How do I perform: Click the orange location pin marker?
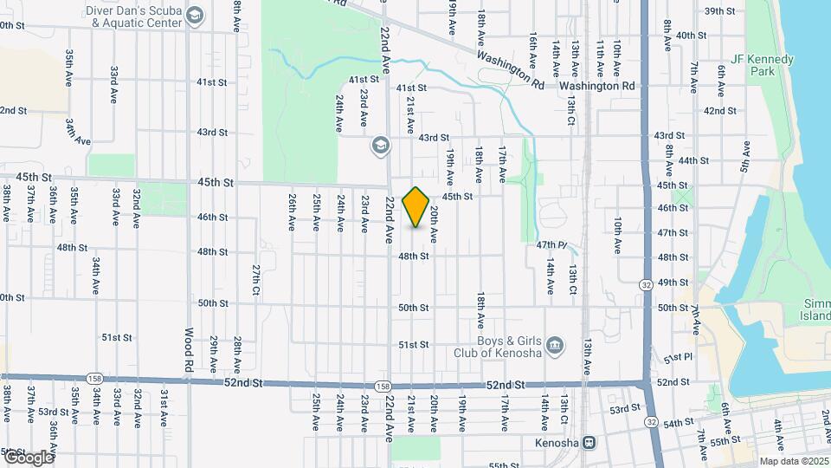(415, 207)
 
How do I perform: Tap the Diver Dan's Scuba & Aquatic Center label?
(135, 16)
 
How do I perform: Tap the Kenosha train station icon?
(589, 443)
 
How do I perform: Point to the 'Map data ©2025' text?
(793, 461)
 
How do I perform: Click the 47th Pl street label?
(550, 246)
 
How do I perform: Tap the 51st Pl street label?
(678, 358)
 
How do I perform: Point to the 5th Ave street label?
(744, 156)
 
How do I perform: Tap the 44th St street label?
(694, 160)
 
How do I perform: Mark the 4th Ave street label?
(778, 432)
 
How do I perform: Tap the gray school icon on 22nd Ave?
(379, 145)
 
